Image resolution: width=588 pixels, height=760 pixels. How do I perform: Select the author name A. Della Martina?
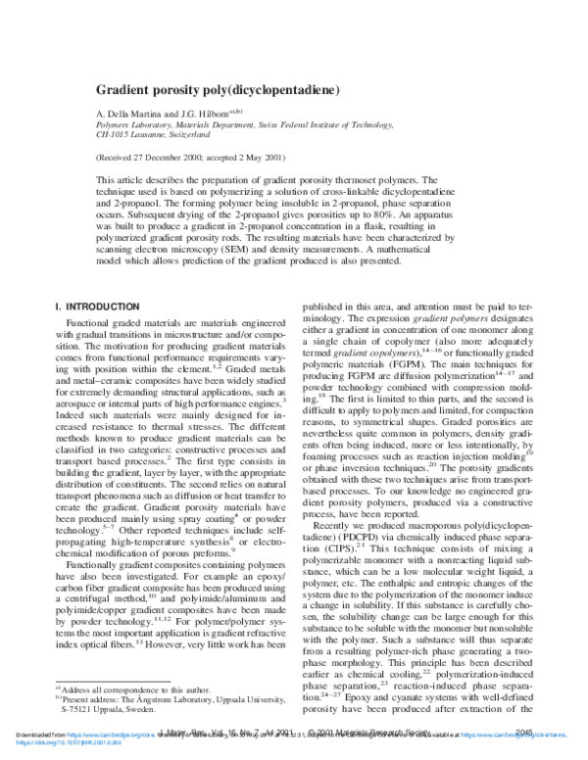click(131, 115)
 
